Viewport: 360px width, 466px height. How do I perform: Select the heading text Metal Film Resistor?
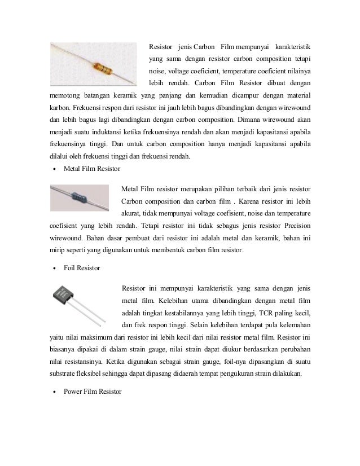click(91, 169)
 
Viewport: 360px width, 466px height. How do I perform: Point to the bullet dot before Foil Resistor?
click(53, 268)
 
